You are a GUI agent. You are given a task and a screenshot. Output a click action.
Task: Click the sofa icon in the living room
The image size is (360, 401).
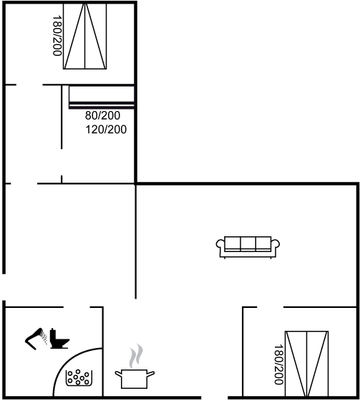click(248, 247)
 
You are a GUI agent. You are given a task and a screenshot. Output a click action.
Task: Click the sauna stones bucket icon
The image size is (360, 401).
click(79, 378)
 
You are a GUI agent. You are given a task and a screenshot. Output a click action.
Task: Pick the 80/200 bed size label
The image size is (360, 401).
click(102, 115)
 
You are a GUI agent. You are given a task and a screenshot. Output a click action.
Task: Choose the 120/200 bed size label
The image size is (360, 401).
click(106, 130)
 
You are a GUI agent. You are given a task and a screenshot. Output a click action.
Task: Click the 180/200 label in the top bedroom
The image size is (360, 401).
click(57, 36)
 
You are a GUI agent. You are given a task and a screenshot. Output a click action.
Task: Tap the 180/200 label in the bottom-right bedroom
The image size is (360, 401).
click(278, 364)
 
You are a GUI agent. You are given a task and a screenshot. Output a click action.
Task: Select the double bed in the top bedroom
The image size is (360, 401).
click(85, 36)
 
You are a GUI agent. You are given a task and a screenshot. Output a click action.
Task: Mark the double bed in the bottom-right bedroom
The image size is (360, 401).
click(306, 364)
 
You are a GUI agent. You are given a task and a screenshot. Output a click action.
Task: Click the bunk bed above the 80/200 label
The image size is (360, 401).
click(102, 97)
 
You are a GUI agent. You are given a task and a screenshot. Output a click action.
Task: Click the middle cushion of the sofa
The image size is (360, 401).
click(248, 243)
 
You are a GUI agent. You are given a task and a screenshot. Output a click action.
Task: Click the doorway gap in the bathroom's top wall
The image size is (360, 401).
click(77, 307)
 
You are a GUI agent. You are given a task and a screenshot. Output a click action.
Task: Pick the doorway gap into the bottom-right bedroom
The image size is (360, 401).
click(271, 307)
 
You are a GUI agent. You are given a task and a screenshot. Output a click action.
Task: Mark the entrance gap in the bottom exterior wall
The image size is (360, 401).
click(214, 397)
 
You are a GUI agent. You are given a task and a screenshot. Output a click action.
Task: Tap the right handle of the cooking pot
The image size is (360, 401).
click(151, 374)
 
